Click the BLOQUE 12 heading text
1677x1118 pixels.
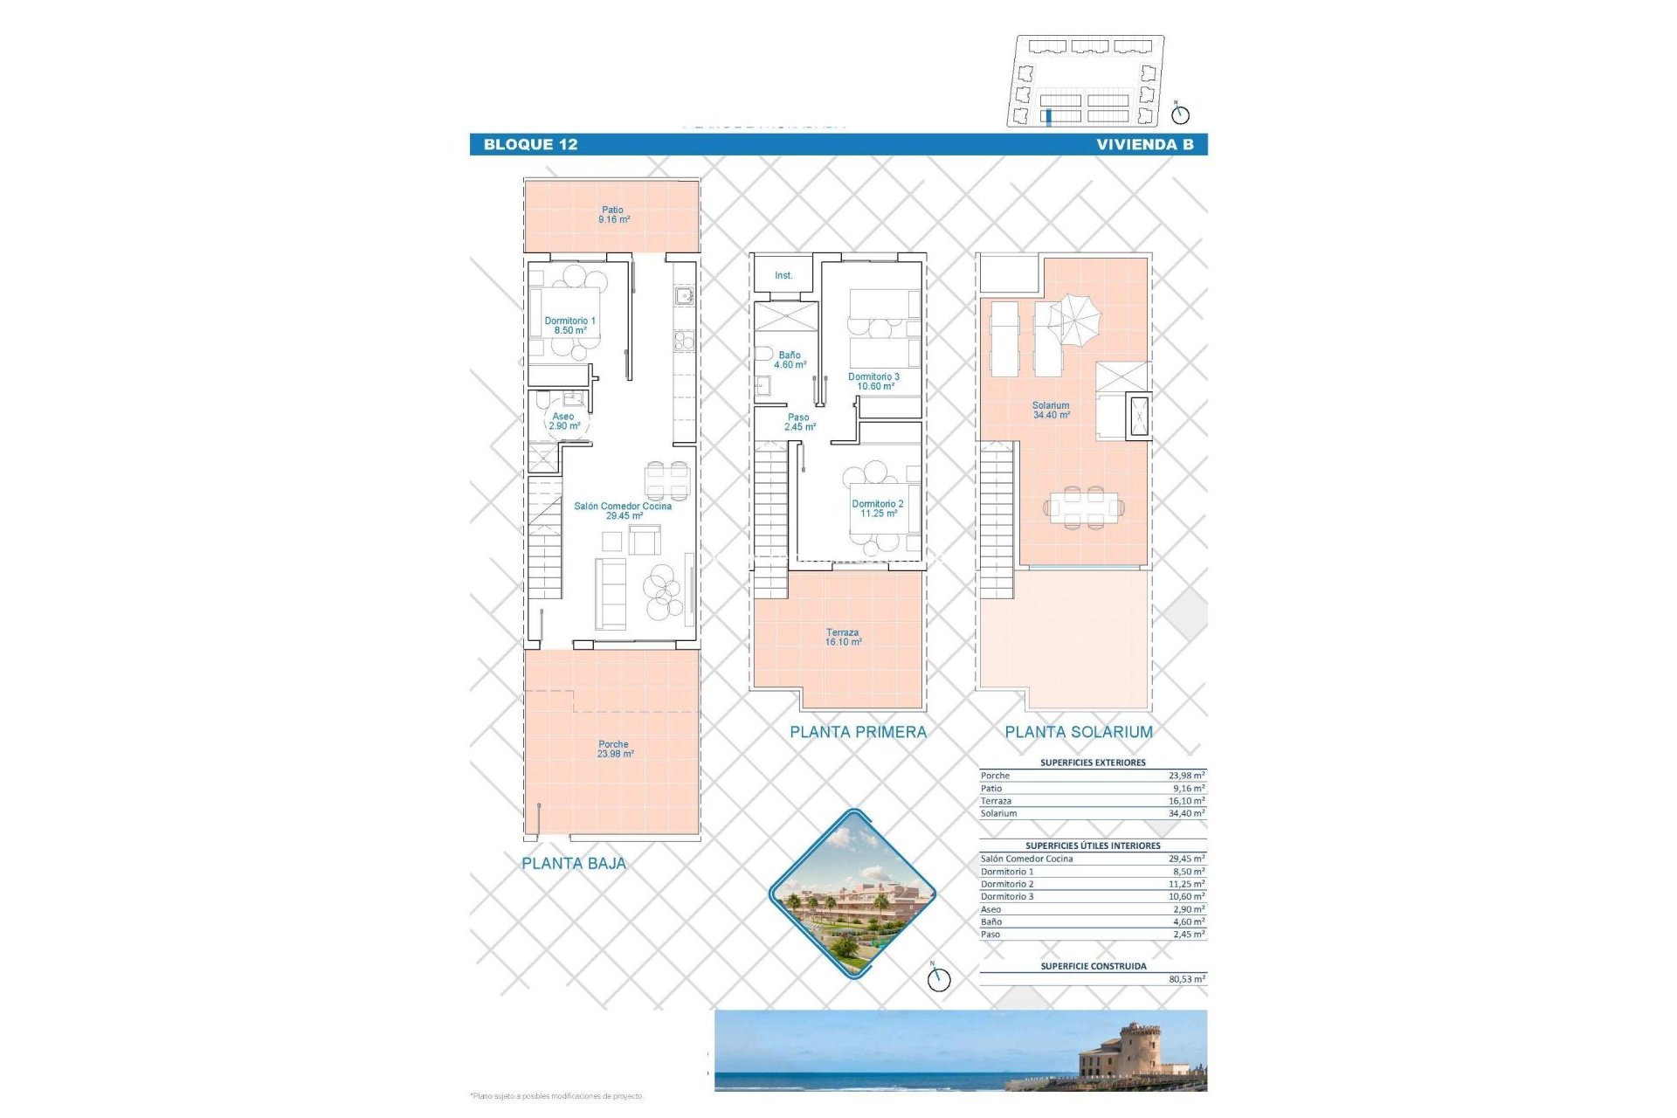point(530,145)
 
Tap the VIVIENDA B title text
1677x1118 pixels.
point(1144,145)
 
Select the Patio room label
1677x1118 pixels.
point(613,215)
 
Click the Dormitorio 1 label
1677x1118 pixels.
point(569,326)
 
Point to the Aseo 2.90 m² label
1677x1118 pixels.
point(564,421)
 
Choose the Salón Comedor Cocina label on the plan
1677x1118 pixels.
point(623,511)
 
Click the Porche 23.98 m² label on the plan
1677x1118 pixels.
point(614,749)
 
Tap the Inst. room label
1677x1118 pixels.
point(783,276)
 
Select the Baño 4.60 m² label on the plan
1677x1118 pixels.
point(790,360)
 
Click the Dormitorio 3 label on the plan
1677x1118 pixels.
point(873,382)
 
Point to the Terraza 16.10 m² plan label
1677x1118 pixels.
point(843,637)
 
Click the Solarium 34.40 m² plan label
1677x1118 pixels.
point(1051,411)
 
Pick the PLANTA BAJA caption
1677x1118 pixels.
point(574,864)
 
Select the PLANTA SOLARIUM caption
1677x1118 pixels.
point(1079,733)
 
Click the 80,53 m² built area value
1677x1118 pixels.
point(1186,980)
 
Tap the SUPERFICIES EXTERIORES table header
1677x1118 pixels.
point(1093,763)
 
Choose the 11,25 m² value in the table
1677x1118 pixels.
point(1186,884)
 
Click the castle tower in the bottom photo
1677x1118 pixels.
point(1141,1044)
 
